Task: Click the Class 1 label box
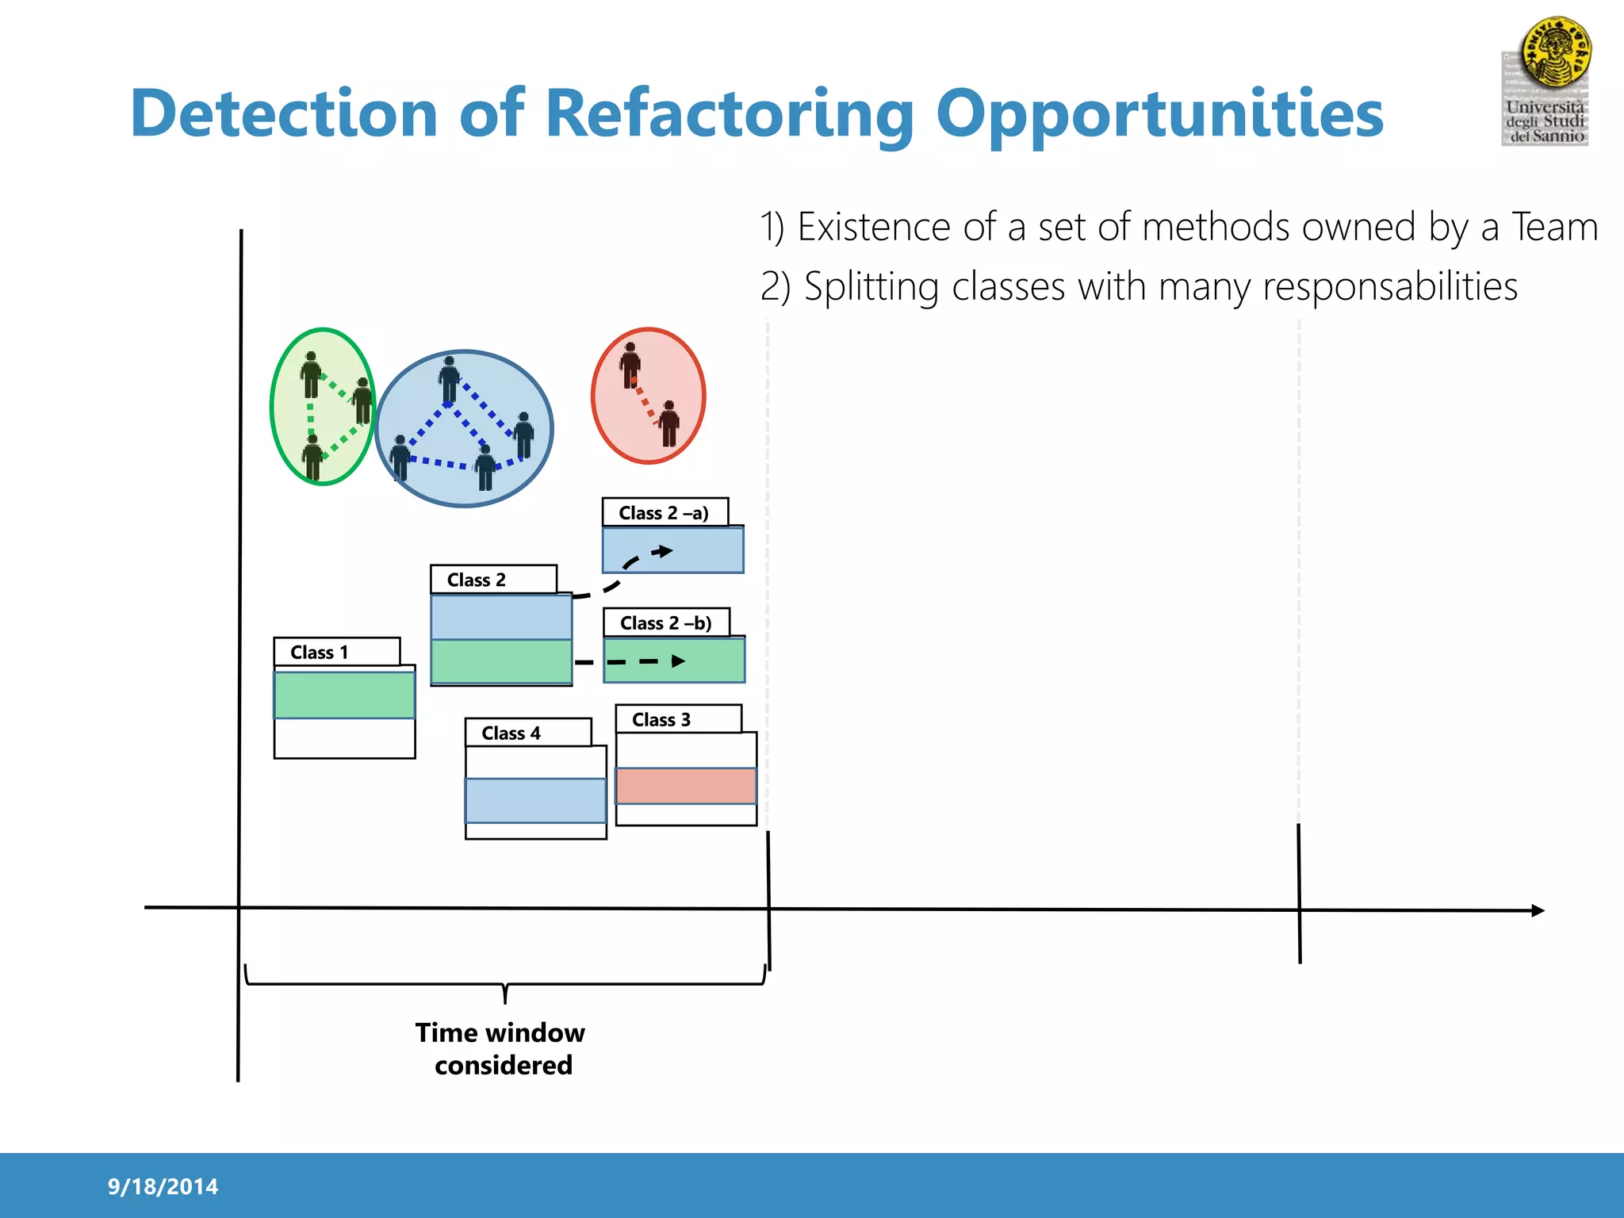pyautogui.click(x=336, y=652)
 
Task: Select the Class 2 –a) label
pyautogui.click(x=665, y=513)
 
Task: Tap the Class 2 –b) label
pyautogui.click(x=666, y=623)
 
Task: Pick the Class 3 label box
pyautogui.click(x=678, y=719)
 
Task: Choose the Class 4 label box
pyautogui.click(x=527, y=733)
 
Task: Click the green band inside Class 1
pyautogui.click(x=344, y=695)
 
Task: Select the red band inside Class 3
pyautogui.click(x=686, y=786)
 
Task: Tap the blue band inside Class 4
pyautogui.click(x=535, y=801)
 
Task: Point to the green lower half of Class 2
pyautogui.click(x=500, y=661)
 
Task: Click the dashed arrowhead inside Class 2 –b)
pyautogui.click(x=678, y=661)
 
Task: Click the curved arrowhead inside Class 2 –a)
pyautogui.click(x=664, y=551)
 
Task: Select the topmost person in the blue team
pyautogui.click(x=450, y=379)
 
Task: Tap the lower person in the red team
pyautogui.click(x=669, y=423)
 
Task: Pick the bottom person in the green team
pyautogui.click(x=313, y=457)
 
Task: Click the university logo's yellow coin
pyautogui.click(x=1555, y=52)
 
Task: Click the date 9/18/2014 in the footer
pyautogui.click(x=163, y=1186)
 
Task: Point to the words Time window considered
pyautogui.click(x=501, y=1048)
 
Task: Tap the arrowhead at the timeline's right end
pyautogui.click(x=1538, y=910)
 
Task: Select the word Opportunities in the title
pyautogui.click(x=1159, y=113)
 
